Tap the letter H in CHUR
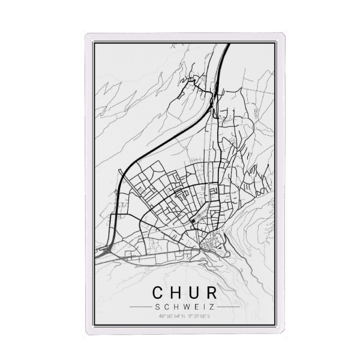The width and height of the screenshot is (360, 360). click(x=175, y=292)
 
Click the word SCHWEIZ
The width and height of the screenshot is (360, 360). click(x=184, y=307)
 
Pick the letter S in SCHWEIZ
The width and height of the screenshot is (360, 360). click(x=157, y=307)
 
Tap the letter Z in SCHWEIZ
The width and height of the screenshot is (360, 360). click(x=211, y=307)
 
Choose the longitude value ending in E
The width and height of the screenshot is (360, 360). click(x=199, y=317)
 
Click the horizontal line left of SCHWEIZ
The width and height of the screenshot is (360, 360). click(x=140, y=307)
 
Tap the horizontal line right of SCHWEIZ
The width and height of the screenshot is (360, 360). click(x=228, y=307)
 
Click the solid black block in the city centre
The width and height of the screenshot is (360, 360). click(x=193, y=221)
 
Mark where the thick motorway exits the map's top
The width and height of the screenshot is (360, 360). click(x=228, y=46)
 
